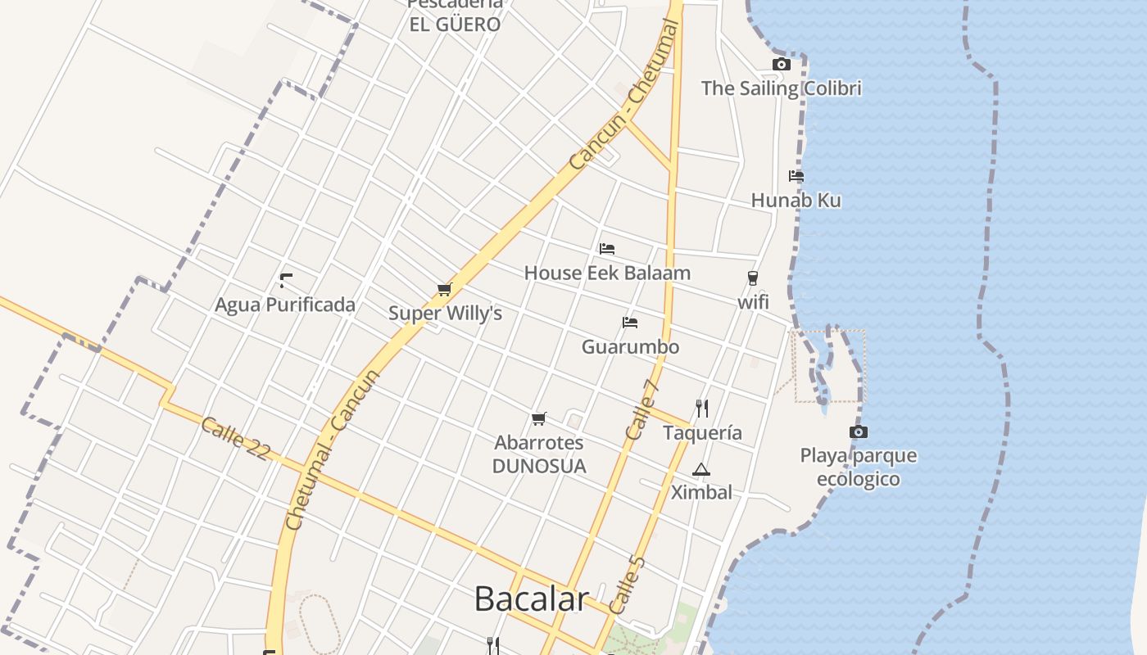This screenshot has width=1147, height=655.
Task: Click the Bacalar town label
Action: (x=531, y=599)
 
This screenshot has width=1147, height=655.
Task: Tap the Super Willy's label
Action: (x=445, y=314)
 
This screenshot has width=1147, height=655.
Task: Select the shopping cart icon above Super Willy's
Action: (x=444, y=289)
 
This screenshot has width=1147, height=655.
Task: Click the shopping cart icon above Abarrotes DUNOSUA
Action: (x=538, y=419)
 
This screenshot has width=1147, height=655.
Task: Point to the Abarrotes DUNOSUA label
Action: (x=539, y=454)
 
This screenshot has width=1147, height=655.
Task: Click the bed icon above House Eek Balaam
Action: (x=607, y=249)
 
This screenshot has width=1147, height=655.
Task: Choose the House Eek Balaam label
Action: (x=607, y=273)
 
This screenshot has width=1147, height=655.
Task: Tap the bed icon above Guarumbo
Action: (x=630, y=323)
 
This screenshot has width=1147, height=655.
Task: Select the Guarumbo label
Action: (x=630, y=346)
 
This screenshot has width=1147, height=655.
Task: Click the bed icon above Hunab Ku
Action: (x=796, y=176)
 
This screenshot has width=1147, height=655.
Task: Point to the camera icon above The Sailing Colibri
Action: (x=781, y=65)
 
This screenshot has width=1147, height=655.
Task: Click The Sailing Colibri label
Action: (x=781, y=88)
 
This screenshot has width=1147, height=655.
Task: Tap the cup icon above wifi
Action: (x=752, y=278)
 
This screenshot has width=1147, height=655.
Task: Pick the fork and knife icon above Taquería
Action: (x=701, y=408)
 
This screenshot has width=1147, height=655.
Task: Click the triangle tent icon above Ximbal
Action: (x=700, y=470)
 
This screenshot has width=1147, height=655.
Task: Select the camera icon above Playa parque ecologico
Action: (x=858, y=431)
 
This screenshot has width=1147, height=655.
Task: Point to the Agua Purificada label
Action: (x=285, y=305)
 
